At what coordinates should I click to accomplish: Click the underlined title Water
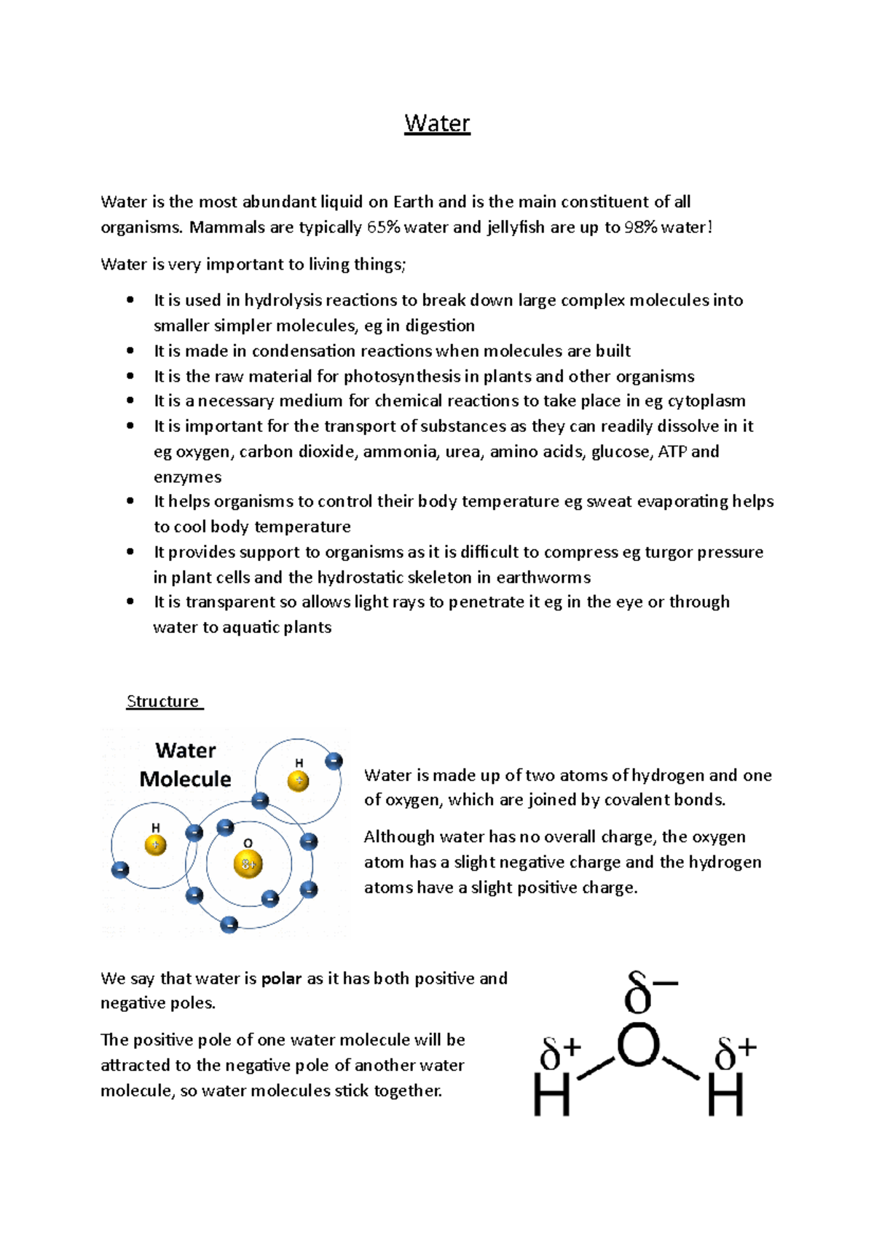click(x=437, y=123)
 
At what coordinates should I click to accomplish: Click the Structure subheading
click(x=162, y=701)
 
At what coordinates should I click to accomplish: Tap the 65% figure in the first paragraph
click(x=383, y=227)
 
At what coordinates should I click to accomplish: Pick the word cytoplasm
click(x=706, y=401)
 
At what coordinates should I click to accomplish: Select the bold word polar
click(x=281, y=978)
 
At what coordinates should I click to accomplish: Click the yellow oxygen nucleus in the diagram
click(x=248, y=864)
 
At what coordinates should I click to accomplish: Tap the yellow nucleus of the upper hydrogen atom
click(x=298, y=781)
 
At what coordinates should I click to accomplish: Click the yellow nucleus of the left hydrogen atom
click(x=155, y=845)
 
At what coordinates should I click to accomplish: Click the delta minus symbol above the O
click(x=650, y=992)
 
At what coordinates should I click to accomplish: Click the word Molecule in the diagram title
click(x=185, y=779)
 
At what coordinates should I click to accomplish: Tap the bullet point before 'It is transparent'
click(x=130, y=602)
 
